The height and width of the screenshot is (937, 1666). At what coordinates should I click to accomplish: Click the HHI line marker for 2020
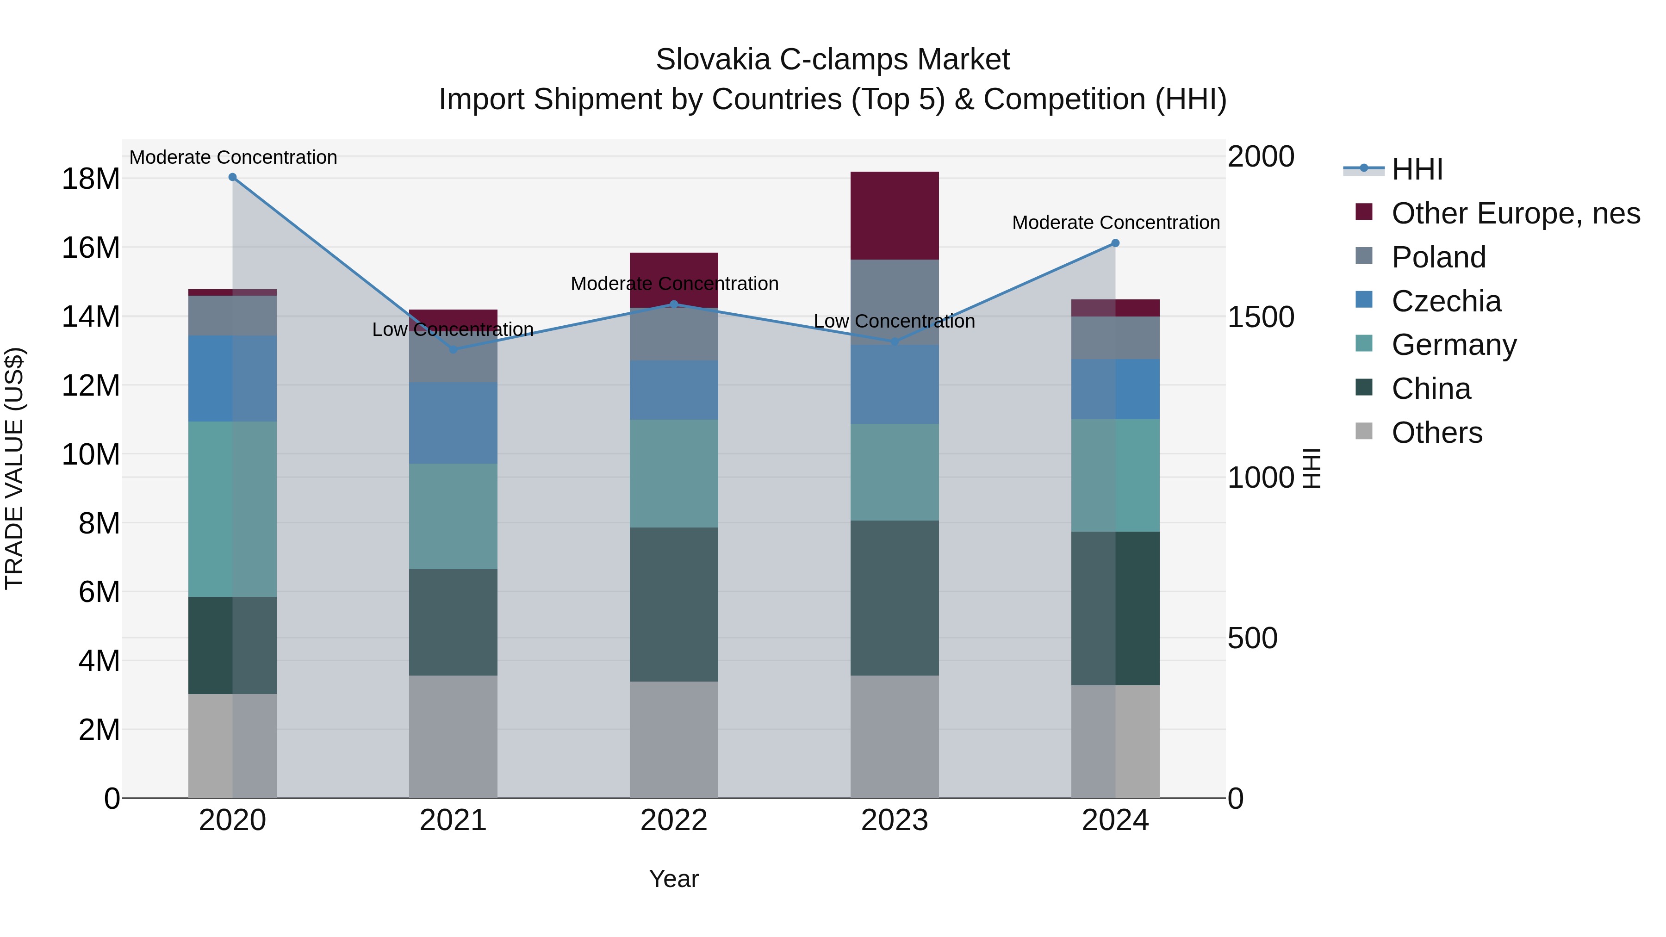point(232,177)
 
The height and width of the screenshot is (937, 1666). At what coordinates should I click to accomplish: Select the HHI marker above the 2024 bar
point(1115,243)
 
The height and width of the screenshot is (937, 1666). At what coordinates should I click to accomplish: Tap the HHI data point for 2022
point(674,304)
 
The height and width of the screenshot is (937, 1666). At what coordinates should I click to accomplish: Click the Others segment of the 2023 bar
point(895,737)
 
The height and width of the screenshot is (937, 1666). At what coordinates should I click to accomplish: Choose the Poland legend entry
point(1438,257)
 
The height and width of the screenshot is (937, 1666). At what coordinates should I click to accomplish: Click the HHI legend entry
point(1417,169)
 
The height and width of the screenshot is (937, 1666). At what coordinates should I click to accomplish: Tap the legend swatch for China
point(1363,388)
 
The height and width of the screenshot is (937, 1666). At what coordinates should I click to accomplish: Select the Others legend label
point(1436,433)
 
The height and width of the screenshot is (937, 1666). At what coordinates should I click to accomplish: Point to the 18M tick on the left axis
point(91,179)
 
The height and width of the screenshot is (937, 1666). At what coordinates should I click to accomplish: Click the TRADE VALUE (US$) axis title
point(14,468)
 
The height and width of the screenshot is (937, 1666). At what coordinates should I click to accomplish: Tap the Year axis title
point(674,879)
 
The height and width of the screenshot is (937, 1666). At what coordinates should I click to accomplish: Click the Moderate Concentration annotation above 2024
point(1115,223)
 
